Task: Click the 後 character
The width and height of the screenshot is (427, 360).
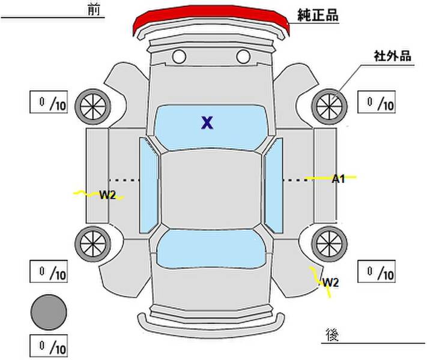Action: tap(332, 334)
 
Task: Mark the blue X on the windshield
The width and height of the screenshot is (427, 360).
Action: tap(207, 123)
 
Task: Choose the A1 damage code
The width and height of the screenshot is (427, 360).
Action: tap(339, 178)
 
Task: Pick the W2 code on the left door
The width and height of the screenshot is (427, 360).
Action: tap(107, 194)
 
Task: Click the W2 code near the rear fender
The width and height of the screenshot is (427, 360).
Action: tap(330, 282)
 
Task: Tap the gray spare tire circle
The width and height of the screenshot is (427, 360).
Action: tap(49, 312)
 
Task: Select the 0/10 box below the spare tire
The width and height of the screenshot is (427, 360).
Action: tap(49, 346)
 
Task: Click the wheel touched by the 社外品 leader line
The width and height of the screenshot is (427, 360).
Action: tap(329, 106)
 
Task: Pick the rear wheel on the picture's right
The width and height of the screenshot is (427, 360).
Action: tap(329, 243)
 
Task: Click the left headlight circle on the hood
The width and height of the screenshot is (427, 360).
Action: tap(178, 57)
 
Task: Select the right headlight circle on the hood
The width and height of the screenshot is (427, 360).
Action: tap(243, 57)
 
